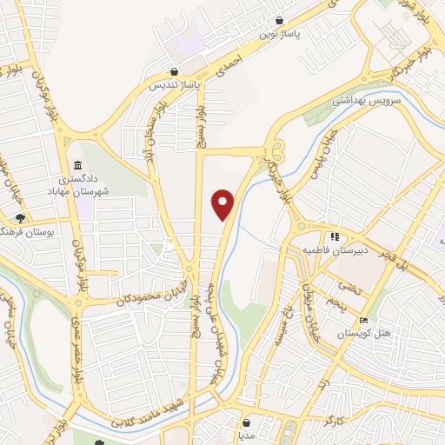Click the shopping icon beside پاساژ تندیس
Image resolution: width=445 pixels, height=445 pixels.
[x=176, y=72]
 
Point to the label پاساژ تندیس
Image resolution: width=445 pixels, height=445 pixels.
[x=175, y=86]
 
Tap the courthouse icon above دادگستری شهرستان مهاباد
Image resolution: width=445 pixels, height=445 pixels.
[x=78, y=164]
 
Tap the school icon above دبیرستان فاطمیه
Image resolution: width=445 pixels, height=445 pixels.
[x=333, y=236]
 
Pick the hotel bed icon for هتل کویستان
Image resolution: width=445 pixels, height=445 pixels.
[x=363, y=321]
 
